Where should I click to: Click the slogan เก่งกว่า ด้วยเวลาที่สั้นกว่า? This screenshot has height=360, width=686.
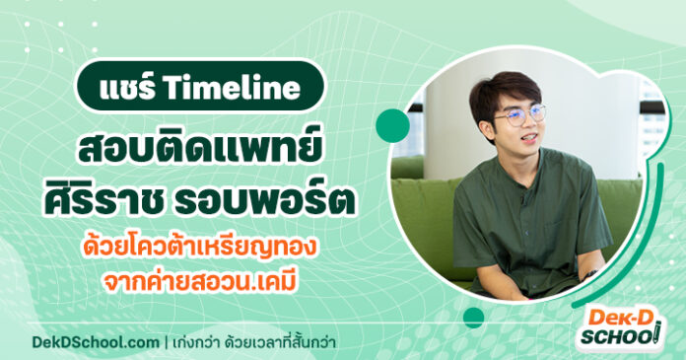[x=262, y=341]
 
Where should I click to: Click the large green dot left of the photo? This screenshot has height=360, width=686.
[x=392, y=123]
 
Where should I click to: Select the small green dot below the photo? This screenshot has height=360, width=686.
[x=474, y=317]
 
